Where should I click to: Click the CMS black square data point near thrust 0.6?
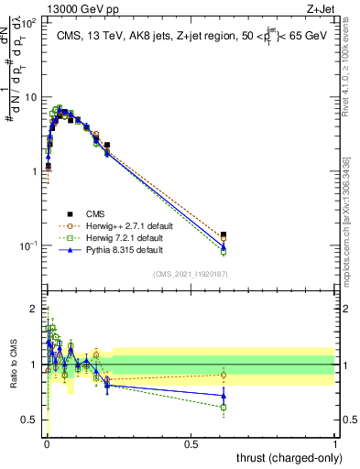pos(224,234)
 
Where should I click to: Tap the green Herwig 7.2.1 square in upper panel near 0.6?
pos(224,252)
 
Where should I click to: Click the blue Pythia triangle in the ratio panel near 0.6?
pos(224,396)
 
